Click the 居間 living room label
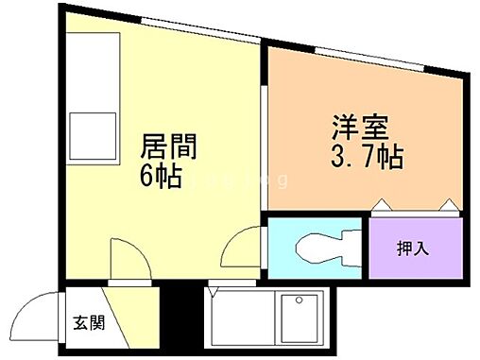pyautogui.click(x=169, y=147)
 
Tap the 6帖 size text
pyautogui.click(x=163, y=177)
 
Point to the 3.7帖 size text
pyautogui.click(x=367, y=155)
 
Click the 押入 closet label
pyautogui.click(x=412, y=249)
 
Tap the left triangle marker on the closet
pyautogui.click(x=379, y=205)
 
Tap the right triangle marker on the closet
pyautogui.click(x=449, y=205)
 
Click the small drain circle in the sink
pyautogui.click(x=300, y=301)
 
